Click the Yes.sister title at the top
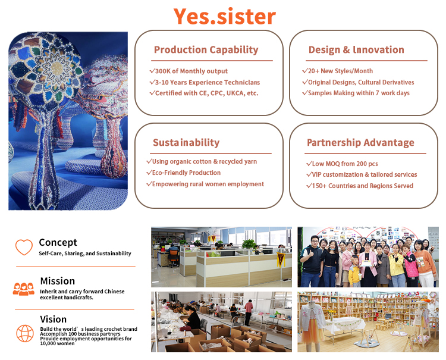click(224, 17)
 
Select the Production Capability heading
click(206, 50)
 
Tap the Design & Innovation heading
click(356, 50)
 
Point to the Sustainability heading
click(186, 142)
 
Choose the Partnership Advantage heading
click(360, 143)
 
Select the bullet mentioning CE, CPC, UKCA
click(204, 93)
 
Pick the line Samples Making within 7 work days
click(356, 93)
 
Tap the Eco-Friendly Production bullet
click(184, 173)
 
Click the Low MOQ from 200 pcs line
click(342, 164)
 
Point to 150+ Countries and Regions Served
click(360, 186)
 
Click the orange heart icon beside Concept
click(24, 247)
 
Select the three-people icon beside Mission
click(24, 289)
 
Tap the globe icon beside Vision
click(25, 333)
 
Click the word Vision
click(53, 319)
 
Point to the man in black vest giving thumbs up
click(311, 261)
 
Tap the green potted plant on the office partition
click(249, 245)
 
